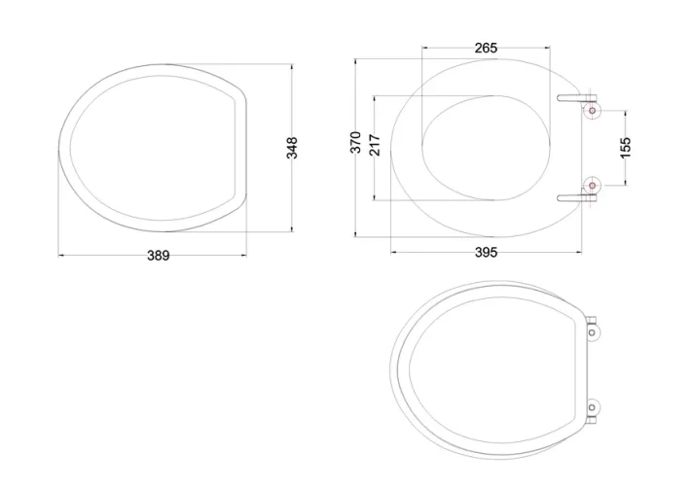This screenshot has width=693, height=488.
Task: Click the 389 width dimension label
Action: (x=158, y=256)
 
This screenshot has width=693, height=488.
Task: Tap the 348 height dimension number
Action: (x=292, y=148)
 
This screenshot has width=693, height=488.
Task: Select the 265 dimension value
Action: (x=487, y=48)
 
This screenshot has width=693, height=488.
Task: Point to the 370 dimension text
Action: (x=356, y=142)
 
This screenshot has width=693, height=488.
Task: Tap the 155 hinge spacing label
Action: (x=625, y=147)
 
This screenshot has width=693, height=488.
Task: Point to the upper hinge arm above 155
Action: (x=575, y=97)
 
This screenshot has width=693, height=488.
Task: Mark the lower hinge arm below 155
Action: (x=575, y=197)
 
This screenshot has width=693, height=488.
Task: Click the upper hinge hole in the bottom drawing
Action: (x=594, y=331)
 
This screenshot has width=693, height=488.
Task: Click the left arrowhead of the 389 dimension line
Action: (x=61, y=255)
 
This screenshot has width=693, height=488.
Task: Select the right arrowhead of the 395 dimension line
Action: (x=582, y=251)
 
